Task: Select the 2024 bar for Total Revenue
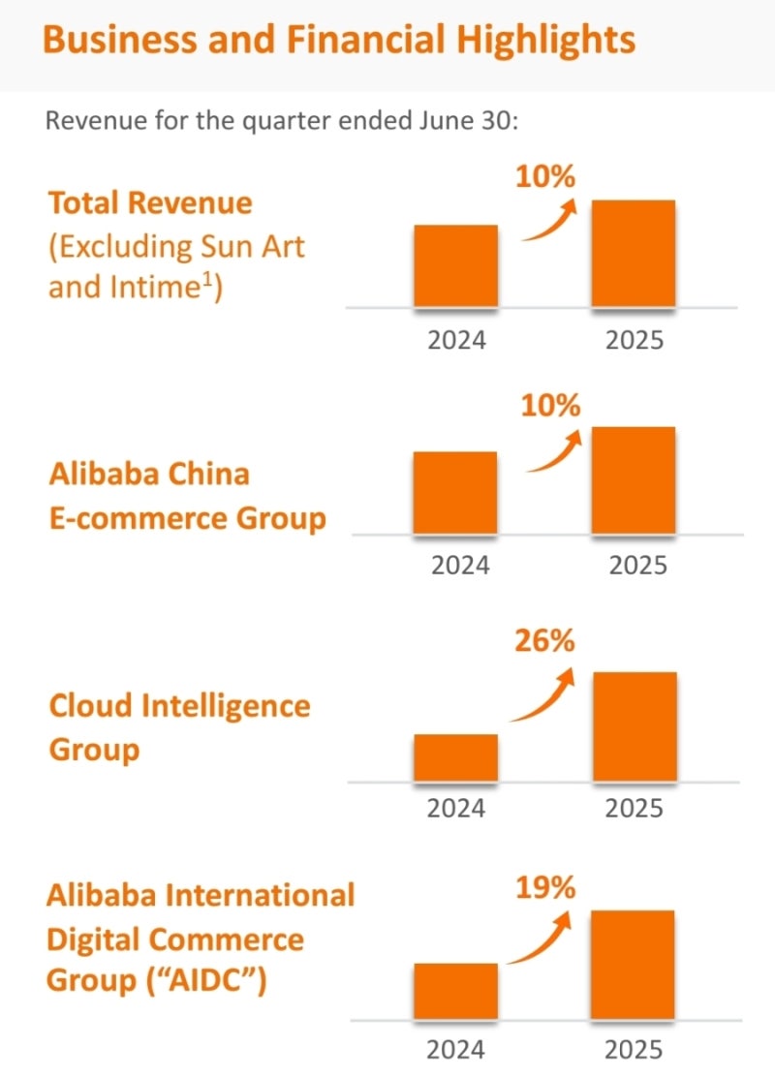455,266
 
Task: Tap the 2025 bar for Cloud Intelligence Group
635,726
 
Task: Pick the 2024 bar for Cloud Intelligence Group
455,757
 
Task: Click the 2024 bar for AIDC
455,991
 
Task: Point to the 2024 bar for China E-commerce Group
455,492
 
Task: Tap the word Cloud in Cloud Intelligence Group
91,705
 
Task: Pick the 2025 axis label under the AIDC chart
635,1049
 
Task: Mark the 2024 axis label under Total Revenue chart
455,340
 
